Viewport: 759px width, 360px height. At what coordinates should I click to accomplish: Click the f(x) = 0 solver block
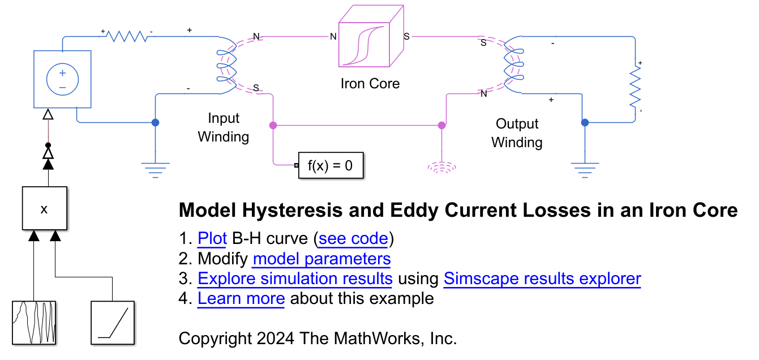331,166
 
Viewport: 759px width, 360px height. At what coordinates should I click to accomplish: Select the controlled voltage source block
62,79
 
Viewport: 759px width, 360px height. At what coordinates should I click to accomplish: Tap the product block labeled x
45,208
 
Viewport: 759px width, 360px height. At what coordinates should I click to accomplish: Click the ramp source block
113,323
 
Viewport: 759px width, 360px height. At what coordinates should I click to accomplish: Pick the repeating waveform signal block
35,323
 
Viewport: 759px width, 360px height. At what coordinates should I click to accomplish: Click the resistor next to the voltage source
127,36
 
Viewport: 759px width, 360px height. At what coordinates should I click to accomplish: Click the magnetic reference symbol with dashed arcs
441,166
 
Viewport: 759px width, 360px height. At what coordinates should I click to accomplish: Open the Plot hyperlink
212,239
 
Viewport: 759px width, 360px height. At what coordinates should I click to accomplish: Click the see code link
353,239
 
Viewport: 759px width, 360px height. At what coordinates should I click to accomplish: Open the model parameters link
321,259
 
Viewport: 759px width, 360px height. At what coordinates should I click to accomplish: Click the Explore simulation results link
294,278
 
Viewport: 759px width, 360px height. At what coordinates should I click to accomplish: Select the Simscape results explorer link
542,278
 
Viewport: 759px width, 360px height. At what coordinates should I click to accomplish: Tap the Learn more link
241,298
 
